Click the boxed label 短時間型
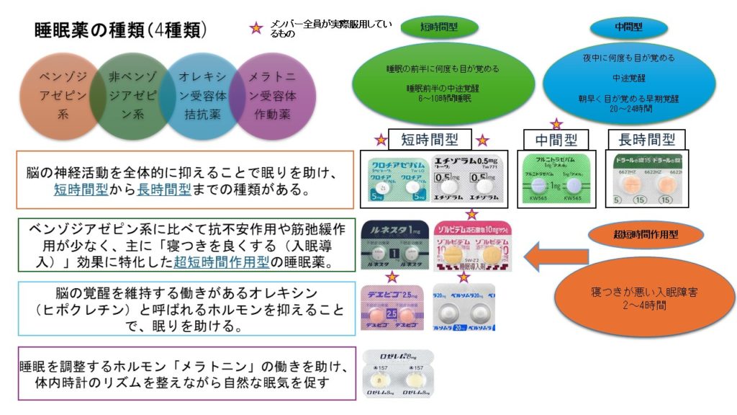point(430,139)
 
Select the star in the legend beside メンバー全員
point(253,29)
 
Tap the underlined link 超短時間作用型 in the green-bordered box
point(216,262)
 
